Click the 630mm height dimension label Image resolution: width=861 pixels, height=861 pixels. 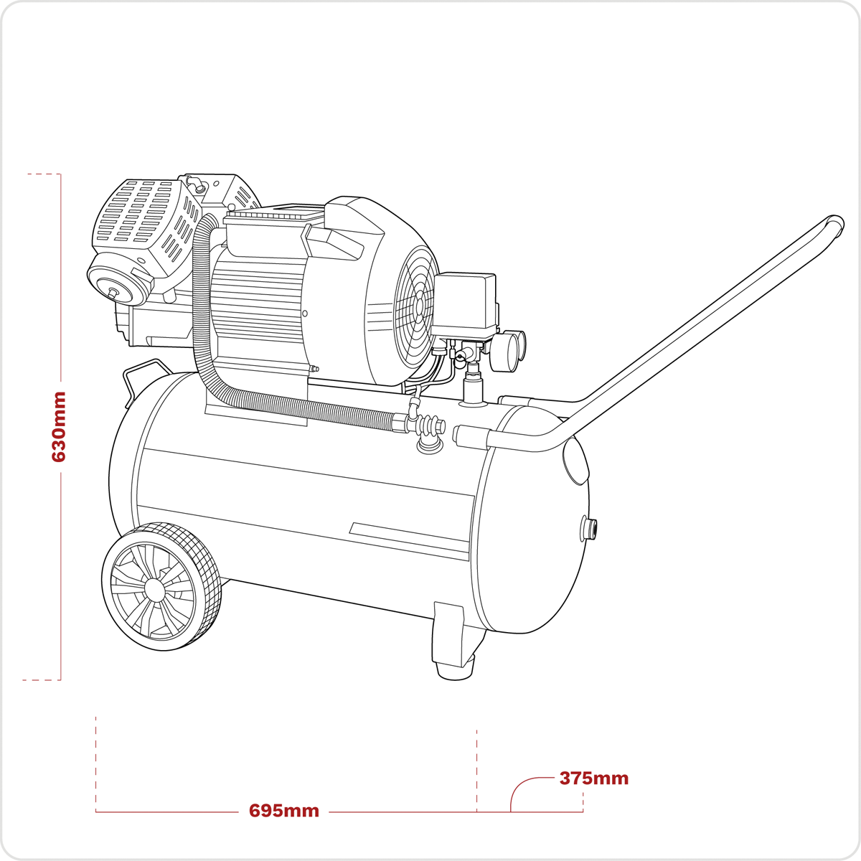(x=59, y=426)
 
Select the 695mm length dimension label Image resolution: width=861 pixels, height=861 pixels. (x=284, y=811)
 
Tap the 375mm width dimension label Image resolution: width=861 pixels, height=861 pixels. (x=593, y=778)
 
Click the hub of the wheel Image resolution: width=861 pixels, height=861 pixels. (x=154, y=588)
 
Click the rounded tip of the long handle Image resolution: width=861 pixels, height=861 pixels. (x=835, y=224)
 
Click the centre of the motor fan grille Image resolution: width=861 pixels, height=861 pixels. (x=418, y=309)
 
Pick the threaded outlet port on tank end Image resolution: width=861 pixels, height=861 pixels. (x=591, y=529)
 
